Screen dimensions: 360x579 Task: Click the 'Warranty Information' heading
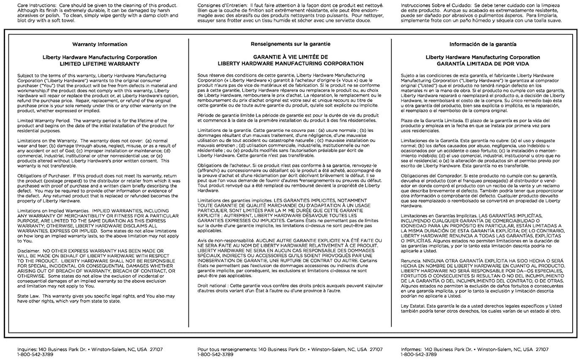tap(100, 44)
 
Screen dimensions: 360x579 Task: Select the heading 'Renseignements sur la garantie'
tap(290, 44)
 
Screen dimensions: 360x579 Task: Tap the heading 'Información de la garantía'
tap(482, 44)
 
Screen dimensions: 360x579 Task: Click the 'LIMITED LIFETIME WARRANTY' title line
tap(100, 64)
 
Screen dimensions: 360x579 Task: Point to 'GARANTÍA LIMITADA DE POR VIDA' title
tap(482, 64)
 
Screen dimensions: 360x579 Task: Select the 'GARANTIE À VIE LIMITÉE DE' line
tap(290, 57)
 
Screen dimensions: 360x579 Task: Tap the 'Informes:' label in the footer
tap(411, 349)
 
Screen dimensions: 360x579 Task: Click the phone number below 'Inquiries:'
tap(35, 355)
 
